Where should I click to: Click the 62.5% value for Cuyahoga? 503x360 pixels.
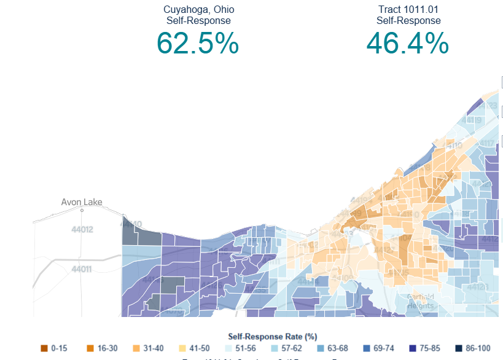tap(197, 44)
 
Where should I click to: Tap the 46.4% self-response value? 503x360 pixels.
tap(408, 44)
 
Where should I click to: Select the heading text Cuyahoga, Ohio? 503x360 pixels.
tap(198, 10)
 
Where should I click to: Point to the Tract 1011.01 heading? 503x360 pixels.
tap(408, 10)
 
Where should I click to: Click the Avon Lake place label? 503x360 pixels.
tap(82, 202)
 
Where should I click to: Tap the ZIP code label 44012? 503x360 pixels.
tap(82, 230)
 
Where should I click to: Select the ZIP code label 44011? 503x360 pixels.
tap(82, 269)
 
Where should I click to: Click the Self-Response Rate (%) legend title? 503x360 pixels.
tap(272, 337)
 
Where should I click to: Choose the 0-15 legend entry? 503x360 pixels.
tap(53, 348)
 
